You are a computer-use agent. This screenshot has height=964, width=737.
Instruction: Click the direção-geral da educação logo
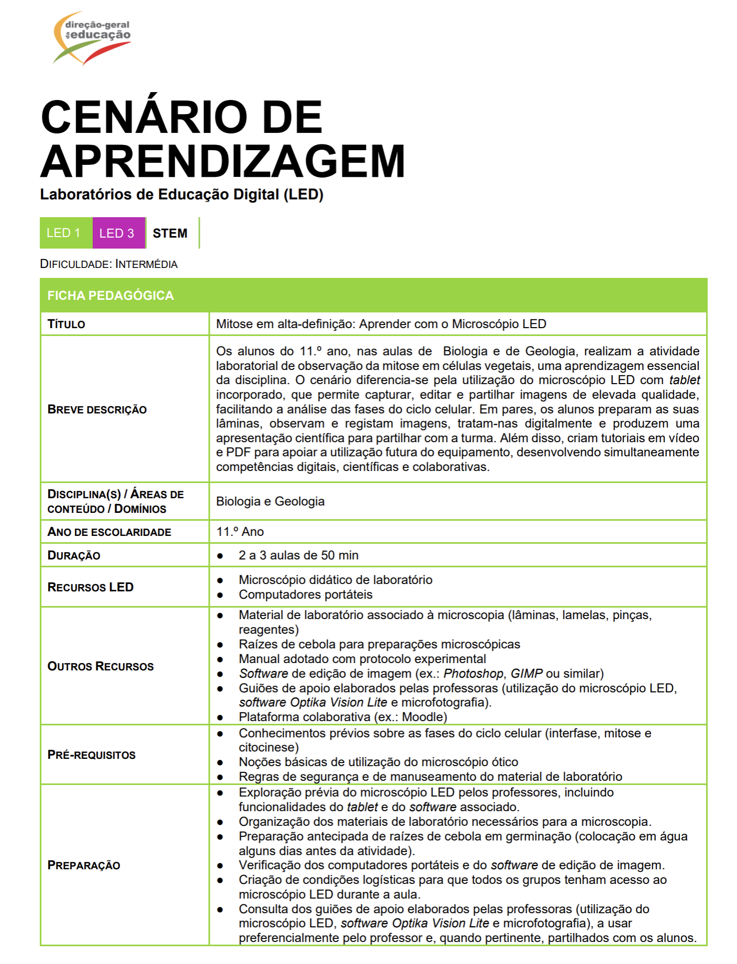[x=92, y=38]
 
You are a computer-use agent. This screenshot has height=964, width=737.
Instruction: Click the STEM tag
[x=170, y=233]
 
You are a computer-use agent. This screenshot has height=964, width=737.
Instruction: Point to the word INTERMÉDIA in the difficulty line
[x=146, y=264]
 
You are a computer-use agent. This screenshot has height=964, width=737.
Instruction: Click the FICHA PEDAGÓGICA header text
[x=110, y=296]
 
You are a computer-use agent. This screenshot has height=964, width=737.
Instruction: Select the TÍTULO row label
[x=66, y=324]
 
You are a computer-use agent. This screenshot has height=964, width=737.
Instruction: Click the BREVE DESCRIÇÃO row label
[x=97, y=410]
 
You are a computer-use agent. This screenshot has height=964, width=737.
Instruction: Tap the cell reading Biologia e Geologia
[x=270, y=501]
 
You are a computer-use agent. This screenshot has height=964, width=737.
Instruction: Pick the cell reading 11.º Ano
[x=240, y=532]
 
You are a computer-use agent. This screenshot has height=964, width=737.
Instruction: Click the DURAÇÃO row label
[x=74, y=556]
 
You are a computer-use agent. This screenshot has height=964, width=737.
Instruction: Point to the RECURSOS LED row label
[x=91, y=587]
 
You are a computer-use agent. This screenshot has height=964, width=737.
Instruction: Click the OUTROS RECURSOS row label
[x=100, y=666]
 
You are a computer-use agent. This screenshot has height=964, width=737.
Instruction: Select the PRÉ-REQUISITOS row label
[x=92, y=755]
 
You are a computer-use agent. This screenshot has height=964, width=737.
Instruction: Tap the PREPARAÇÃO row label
[x=84, y=865]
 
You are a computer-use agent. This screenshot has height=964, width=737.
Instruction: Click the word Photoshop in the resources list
[x=473, y=674]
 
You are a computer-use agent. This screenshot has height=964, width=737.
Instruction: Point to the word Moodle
[x=423, y=717]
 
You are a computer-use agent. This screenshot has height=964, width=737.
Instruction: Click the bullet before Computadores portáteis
[x=220, y=595]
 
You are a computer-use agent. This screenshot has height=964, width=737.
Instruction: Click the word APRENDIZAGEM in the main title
[x=223, y=162]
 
